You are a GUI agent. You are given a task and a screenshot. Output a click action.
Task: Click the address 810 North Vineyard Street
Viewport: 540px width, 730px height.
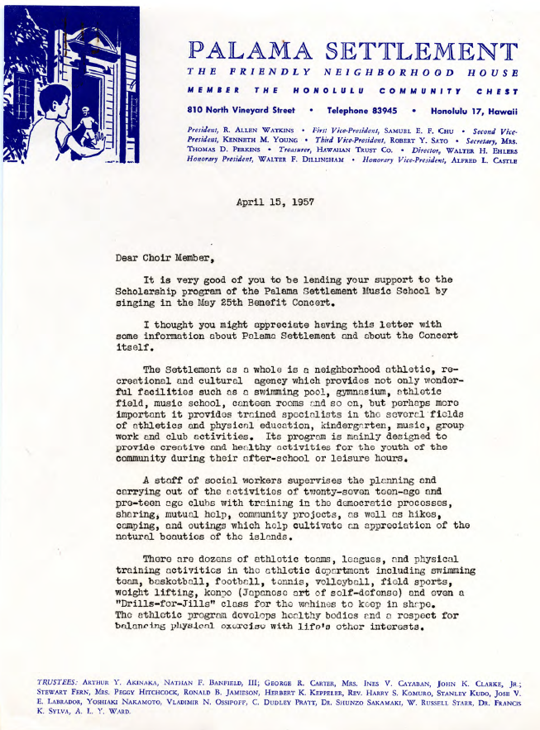(241, 110)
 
